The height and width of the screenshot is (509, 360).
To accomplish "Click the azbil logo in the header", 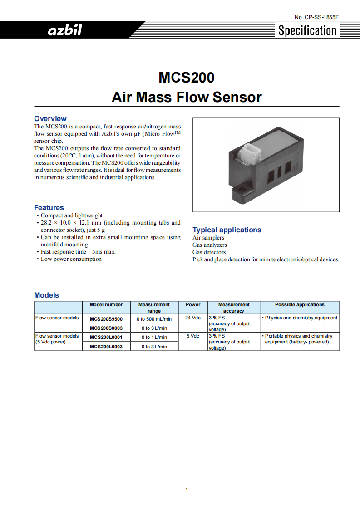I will tap(65, 31).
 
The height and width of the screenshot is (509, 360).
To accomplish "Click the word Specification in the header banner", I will tap(307, 31).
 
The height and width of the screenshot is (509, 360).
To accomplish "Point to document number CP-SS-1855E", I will tap(316, 17).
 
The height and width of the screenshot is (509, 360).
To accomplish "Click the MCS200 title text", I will tap(186, 78).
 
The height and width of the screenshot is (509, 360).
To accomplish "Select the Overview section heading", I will tap(50, 118).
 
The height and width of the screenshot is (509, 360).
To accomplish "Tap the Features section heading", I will tap(49, 208).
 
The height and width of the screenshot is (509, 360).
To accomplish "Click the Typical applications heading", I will tap(227, 230).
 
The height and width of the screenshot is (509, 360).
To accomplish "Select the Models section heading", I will tap(47, 295).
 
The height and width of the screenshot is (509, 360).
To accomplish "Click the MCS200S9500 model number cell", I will tap(106, 318).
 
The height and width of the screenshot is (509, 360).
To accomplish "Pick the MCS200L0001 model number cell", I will tap(106, 337).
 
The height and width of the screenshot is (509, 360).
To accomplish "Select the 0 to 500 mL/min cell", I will tap(154, 319).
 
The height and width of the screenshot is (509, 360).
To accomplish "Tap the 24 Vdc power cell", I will tap(193, 318).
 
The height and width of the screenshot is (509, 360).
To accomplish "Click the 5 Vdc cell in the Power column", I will tap(193, 336).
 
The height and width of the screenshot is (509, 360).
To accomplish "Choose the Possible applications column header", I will tap(300, 304).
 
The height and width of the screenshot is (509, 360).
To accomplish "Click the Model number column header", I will tap(106, 304).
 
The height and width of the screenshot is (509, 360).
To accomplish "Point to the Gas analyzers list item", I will tap(210, 245).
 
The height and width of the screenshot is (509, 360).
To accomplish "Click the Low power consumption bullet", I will tap(71, 259).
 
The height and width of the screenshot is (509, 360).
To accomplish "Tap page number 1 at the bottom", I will tap(187, 489).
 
